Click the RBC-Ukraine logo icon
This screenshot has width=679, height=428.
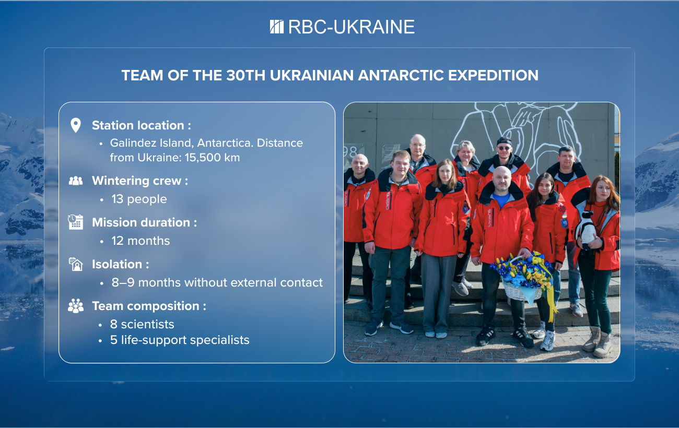(x=277, y=27)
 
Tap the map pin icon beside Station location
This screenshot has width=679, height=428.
(x=76, y=125)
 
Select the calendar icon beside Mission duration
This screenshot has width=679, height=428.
(x=76, y=222)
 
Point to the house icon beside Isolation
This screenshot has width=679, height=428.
(x=76, y=264)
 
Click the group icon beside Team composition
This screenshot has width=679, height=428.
(x=76, y=306)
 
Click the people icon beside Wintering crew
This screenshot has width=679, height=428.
(x=76, y=181)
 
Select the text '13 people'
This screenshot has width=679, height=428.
(x=139, y=199)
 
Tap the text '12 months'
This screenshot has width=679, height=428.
(x=141, y=241)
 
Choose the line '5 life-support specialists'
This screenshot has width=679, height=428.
(x=180, y=340)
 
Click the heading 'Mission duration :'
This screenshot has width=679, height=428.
(x=144, y=222)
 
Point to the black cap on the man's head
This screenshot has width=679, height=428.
(x=504, y=141)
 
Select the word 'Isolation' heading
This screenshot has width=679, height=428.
(x=117, y=264)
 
